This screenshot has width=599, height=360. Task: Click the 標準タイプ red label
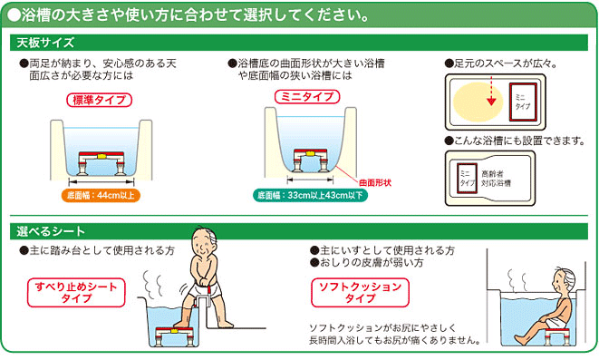click(x=100, y=100)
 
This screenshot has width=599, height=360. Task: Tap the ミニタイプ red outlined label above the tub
click(x=307, y=97)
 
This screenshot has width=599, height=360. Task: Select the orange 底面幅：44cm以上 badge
click(x=101, y=195)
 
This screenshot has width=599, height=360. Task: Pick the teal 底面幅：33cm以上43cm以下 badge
click(x=310, y=195)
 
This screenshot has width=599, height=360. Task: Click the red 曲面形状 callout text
click(x=375, y=182)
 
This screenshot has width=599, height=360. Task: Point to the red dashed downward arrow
click(x=491, y=91)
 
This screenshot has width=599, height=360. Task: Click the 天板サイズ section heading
click(x=45, y=43)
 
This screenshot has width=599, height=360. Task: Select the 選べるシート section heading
click(x=51, y=231)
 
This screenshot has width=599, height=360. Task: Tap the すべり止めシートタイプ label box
click(x=76, y=292)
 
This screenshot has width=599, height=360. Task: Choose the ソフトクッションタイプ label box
click(x=360, y=292)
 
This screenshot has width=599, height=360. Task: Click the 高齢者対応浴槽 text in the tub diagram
click(x=496, y=179)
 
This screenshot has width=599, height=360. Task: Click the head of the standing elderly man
click(x=204, y=242)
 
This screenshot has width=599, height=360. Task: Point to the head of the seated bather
click(x=564, y=280)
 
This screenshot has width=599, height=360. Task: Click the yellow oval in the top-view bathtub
click(x=478, y=102)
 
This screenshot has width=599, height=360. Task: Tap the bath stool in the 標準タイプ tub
click(x=101, y=163)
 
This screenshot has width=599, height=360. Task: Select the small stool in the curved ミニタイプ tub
click(x=310, y=161)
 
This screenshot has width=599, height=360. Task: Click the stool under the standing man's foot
click(x=174, y=336)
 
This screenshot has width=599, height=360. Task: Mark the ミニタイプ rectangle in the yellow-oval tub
click(x=523, y=102)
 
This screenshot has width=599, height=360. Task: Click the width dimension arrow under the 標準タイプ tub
click(x=101, y=181)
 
